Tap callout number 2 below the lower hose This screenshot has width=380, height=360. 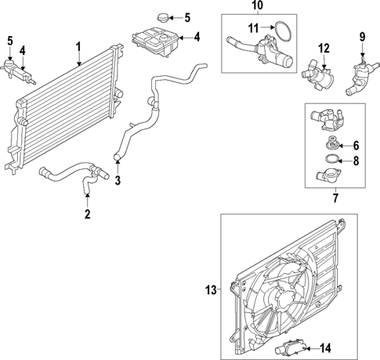tap(88, 214)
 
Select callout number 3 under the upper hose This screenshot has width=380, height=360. tap(118, 182)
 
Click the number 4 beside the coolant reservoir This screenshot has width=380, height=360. tap(197, 36)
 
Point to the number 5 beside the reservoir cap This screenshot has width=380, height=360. tap(186, 16)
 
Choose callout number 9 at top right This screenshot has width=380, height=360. tap(362, 36)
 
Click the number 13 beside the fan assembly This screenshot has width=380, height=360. tap(209, 290)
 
